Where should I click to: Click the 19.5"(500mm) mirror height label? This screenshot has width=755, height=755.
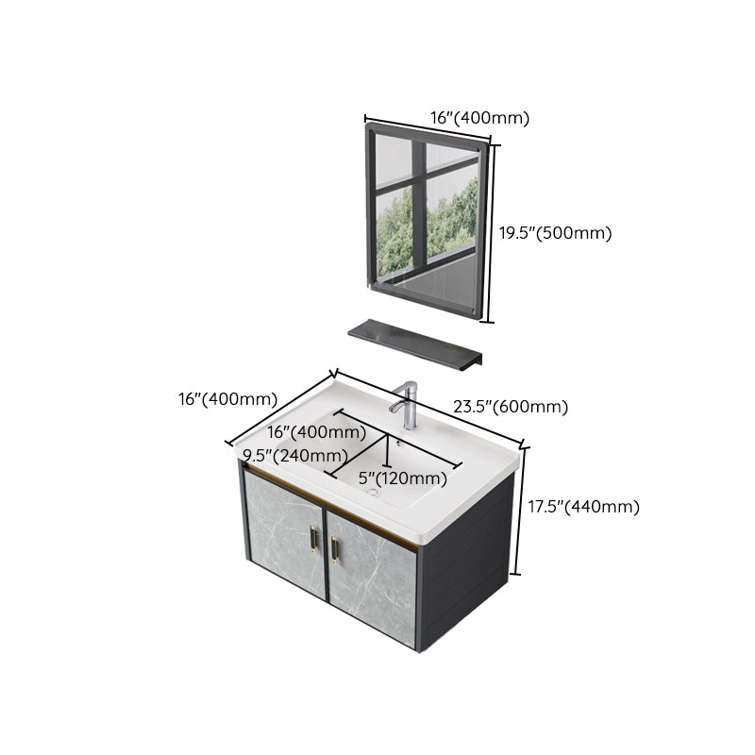555,233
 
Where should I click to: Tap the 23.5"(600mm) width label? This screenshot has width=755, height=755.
510,407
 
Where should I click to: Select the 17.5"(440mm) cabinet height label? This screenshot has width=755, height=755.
582,507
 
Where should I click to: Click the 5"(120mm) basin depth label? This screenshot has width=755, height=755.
402,478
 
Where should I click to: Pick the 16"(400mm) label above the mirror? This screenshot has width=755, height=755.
479,118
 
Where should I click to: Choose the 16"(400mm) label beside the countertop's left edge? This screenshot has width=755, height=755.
226,399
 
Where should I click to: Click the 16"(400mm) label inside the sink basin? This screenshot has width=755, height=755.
316,432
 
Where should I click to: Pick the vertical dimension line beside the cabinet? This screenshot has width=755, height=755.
517,510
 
